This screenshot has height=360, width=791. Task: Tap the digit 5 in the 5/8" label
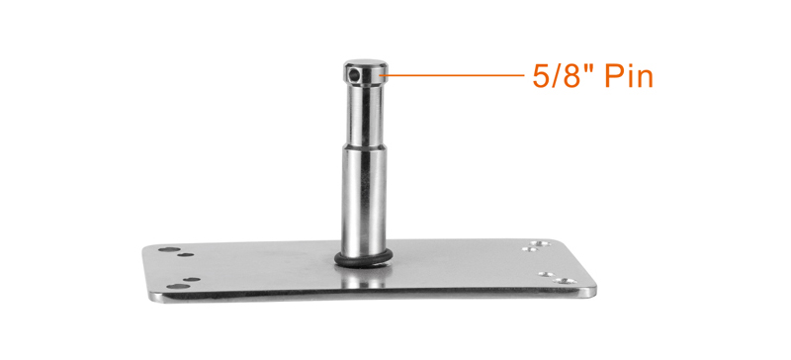pos(541,77)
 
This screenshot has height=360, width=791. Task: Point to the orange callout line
pos(453,76)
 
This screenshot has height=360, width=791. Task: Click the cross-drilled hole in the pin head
pos(354,76)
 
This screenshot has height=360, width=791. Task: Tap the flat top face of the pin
pos(366,63)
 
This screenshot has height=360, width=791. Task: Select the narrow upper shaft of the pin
pos(365,114)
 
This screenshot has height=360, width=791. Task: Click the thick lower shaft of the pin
pos(364,201)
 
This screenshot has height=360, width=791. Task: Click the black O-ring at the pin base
pos(363,259)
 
